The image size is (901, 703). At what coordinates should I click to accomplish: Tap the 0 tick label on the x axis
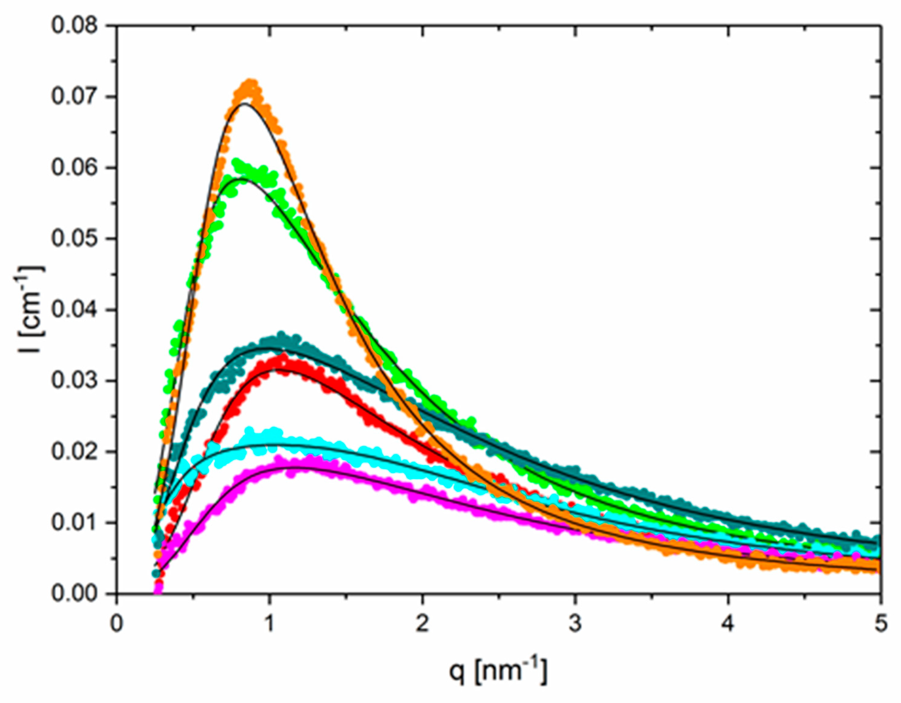tap(117, 623)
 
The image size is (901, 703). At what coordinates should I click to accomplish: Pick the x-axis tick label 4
tap(728, 623)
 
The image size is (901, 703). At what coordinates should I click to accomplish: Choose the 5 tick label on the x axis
tap(880, 623)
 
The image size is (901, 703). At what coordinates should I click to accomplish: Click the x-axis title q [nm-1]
tap(498, 671)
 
